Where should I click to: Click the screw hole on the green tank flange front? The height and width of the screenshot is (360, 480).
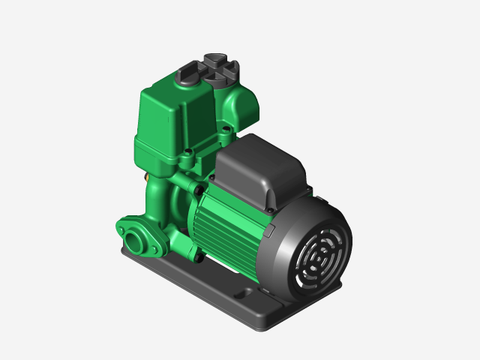coord(186,159)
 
